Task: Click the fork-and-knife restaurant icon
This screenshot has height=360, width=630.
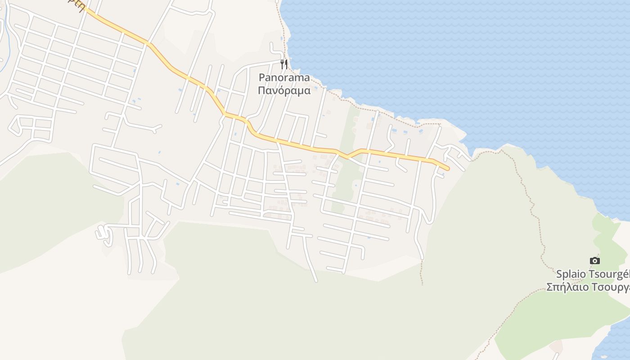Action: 283,64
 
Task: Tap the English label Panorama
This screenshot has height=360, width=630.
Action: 284,77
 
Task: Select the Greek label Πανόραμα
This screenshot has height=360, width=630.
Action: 284,90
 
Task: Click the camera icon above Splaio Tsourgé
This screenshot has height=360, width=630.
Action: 594,261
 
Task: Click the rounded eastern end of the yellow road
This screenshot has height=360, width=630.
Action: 447,169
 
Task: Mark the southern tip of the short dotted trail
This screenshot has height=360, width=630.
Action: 422,283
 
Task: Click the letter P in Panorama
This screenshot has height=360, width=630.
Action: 262,77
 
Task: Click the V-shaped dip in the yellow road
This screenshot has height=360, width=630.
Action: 347,157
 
